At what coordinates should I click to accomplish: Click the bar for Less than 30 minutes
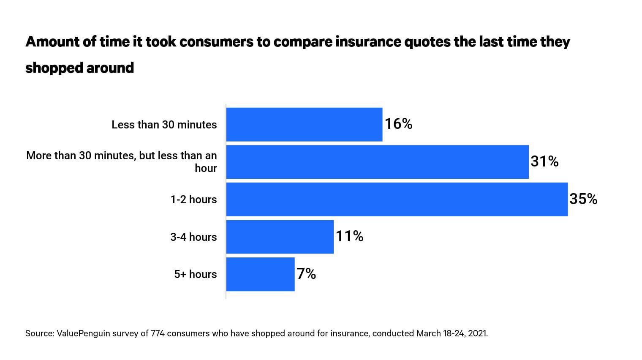[304, 124]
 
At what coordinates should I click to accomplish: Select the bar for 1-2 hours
[397, 199]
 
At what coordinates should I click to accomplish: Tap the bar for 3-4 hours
[280, 237]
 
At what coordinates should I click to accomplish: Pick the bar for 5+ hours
[260, 274]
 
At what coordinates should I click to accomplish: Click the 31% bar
[377, 162]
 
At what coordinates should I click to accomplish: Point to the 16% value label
[398, 124]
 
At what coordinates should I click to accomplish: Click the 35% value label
[583, 199]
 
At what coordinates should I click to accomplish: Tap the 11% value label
[349, 236]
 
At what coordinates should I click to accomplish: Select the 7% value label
[306, 274]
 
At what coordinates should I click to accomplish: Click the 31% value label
[544, 161]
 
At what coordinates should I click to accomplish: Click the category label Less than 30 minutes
[164, 125]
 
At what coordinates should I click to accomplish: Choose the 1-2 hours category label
[193, 199]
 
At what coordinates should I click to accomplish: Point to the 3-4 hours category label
[193, 237]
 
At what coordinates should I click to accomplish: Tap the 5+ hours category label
[195, 274]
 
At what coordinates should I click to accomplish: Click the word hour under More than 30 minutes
[206, 168]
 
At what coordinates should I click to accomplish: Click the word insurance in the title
[366, 42]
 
